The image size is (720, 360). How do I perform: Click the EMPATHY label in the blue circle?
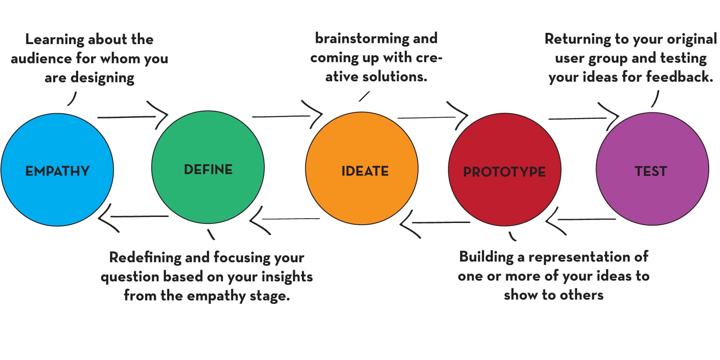point(57,171)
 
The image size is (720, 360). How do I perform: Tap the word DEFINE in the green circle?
point(208,169)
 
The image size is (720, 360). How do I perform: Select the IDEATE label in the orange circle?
point(365,171)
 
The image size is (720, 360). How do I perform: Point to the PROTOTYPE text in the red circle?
point(504,172)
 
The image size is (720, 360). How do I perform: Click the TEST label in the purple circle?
point(651,171)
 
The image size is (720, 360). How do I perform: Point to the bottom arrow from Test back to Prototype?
point(581,220)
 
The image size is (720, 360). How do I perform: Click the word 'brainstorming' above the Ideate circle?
point(362,38)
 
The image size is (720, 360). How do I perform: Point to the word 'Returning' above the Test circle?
point(577,39)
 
